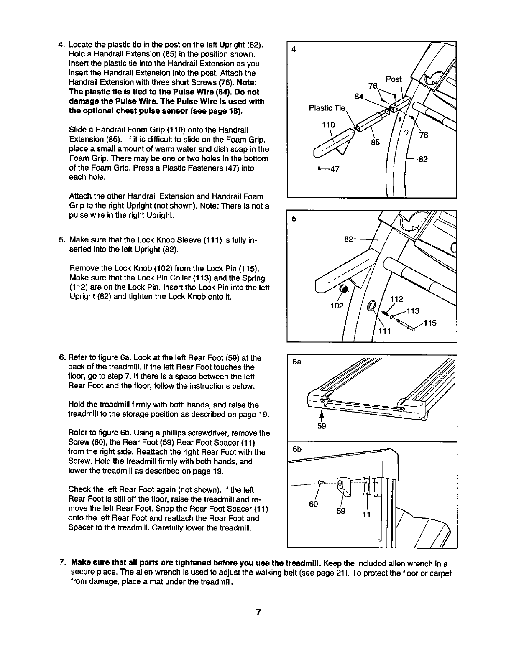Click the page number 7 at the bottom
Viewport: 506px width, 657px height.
(x=259, y=613)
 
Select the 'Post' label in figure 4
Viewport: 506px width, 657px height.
(x=394, y=79)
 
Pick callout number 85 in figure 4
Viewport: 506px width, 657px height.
(x=375, y=142)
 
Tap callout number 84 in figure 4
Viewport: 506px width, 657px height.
(x=359, y=97)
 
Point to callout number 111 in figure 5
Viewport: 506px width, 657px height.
(x=384, y=331)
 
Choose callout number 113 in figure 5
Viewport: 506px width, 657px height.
(x=413, y=311)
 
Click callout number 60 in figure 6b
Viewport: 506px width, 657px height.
(x=314, y=504)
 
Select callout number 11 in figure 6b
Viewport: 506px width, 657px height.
(x=366, y=514)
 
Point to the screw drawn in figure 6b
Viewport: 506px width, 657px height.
(x=322, y=483)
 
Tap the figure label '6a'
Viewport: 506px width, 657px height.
(x=297, y=362)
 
